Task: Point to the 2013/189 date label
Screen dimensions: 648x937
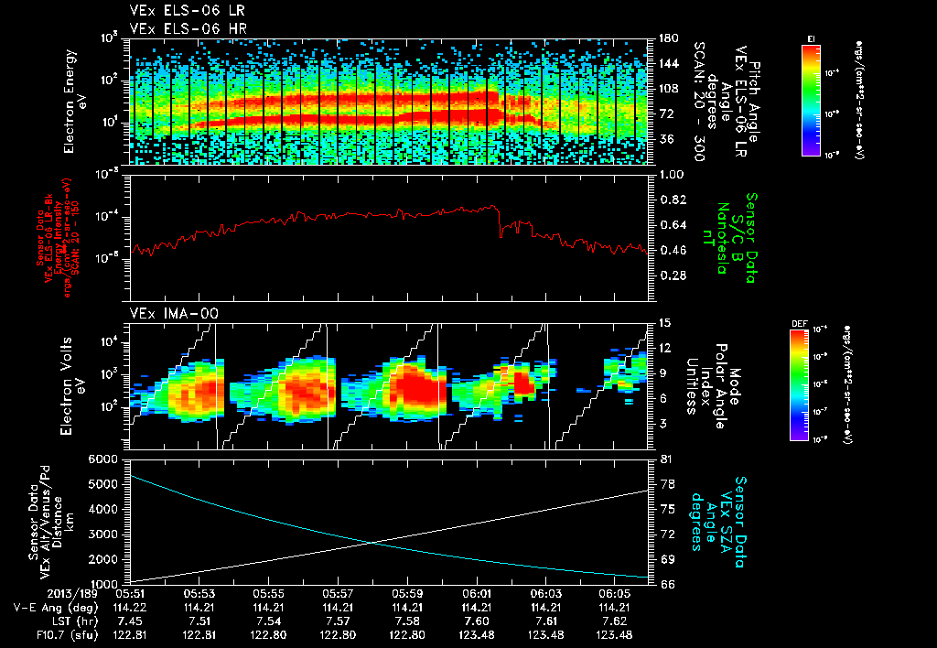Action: pyautogui.click(x=38, y=593)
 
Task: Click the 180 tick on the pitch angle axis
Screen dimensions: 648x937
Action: pyautogui.click(x=667, y=38)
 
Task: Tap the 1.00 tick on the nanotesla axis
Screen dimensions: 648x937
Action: pyautogui.click(x=673, y=174)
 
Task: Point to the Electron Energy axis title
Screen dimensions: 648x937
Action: pyautogui.click(x=75, y=101)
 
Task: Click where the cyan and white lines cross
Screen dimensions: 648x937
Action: pyautogui.click(x=373, y=542)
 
